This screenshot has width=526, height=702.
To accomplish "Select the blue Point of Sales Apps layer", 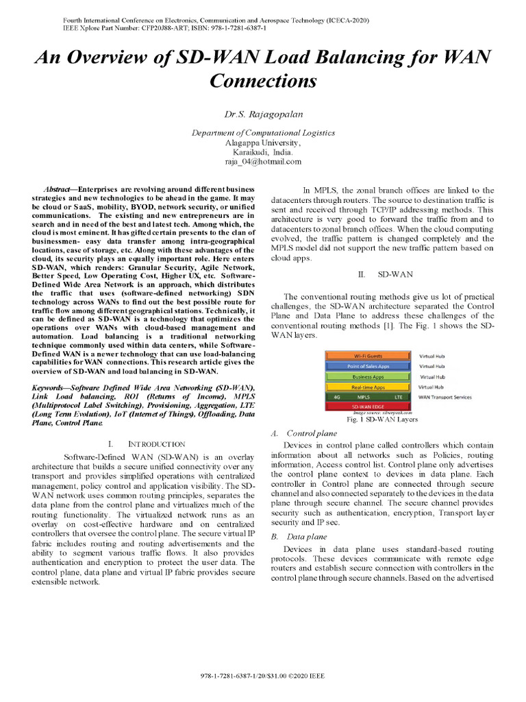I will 368,366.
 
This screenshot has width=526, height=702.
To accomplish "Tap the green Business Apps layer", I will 368,376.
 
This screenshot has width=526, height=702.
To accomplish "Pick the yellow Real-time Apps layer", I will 368,387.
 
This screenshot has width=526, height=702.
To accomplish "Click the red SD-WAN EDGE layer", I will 368,407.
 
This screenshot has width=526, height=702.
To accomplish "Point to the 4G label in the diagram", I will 336,396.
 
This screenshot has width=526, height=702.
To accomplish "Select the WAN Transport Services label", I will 444,397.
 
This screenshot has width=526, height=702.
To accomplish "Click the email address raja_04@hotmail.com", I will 263,162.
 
